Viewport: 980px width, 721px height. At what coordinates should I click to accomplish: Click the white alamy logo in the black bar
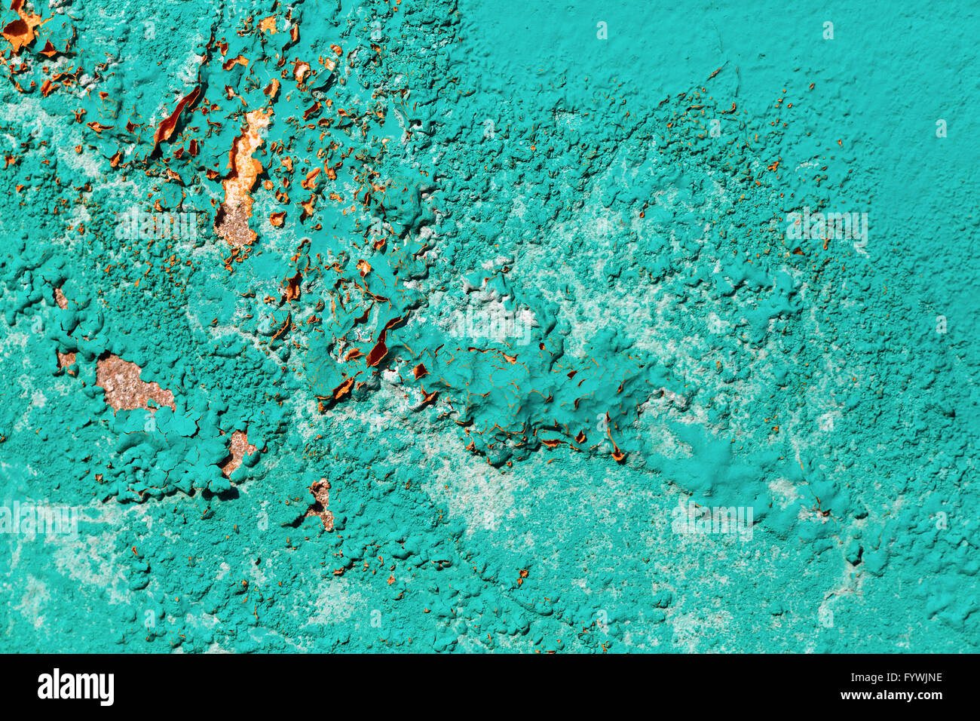(x=75, y=687)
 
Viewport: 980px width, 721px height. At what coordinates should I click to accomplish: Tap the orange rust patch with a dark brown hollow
(x=19, y=30)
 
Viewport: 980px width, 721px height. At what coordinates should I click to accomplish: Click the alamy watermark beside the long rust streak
(x=159, y=223)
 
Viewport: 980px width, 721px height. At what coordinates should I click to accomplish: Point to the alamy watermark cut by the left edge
(x=38, y=520)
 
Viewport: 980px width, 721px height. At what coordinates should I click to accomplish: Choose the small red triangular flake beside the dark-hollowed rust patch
(x=48, y=49)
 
